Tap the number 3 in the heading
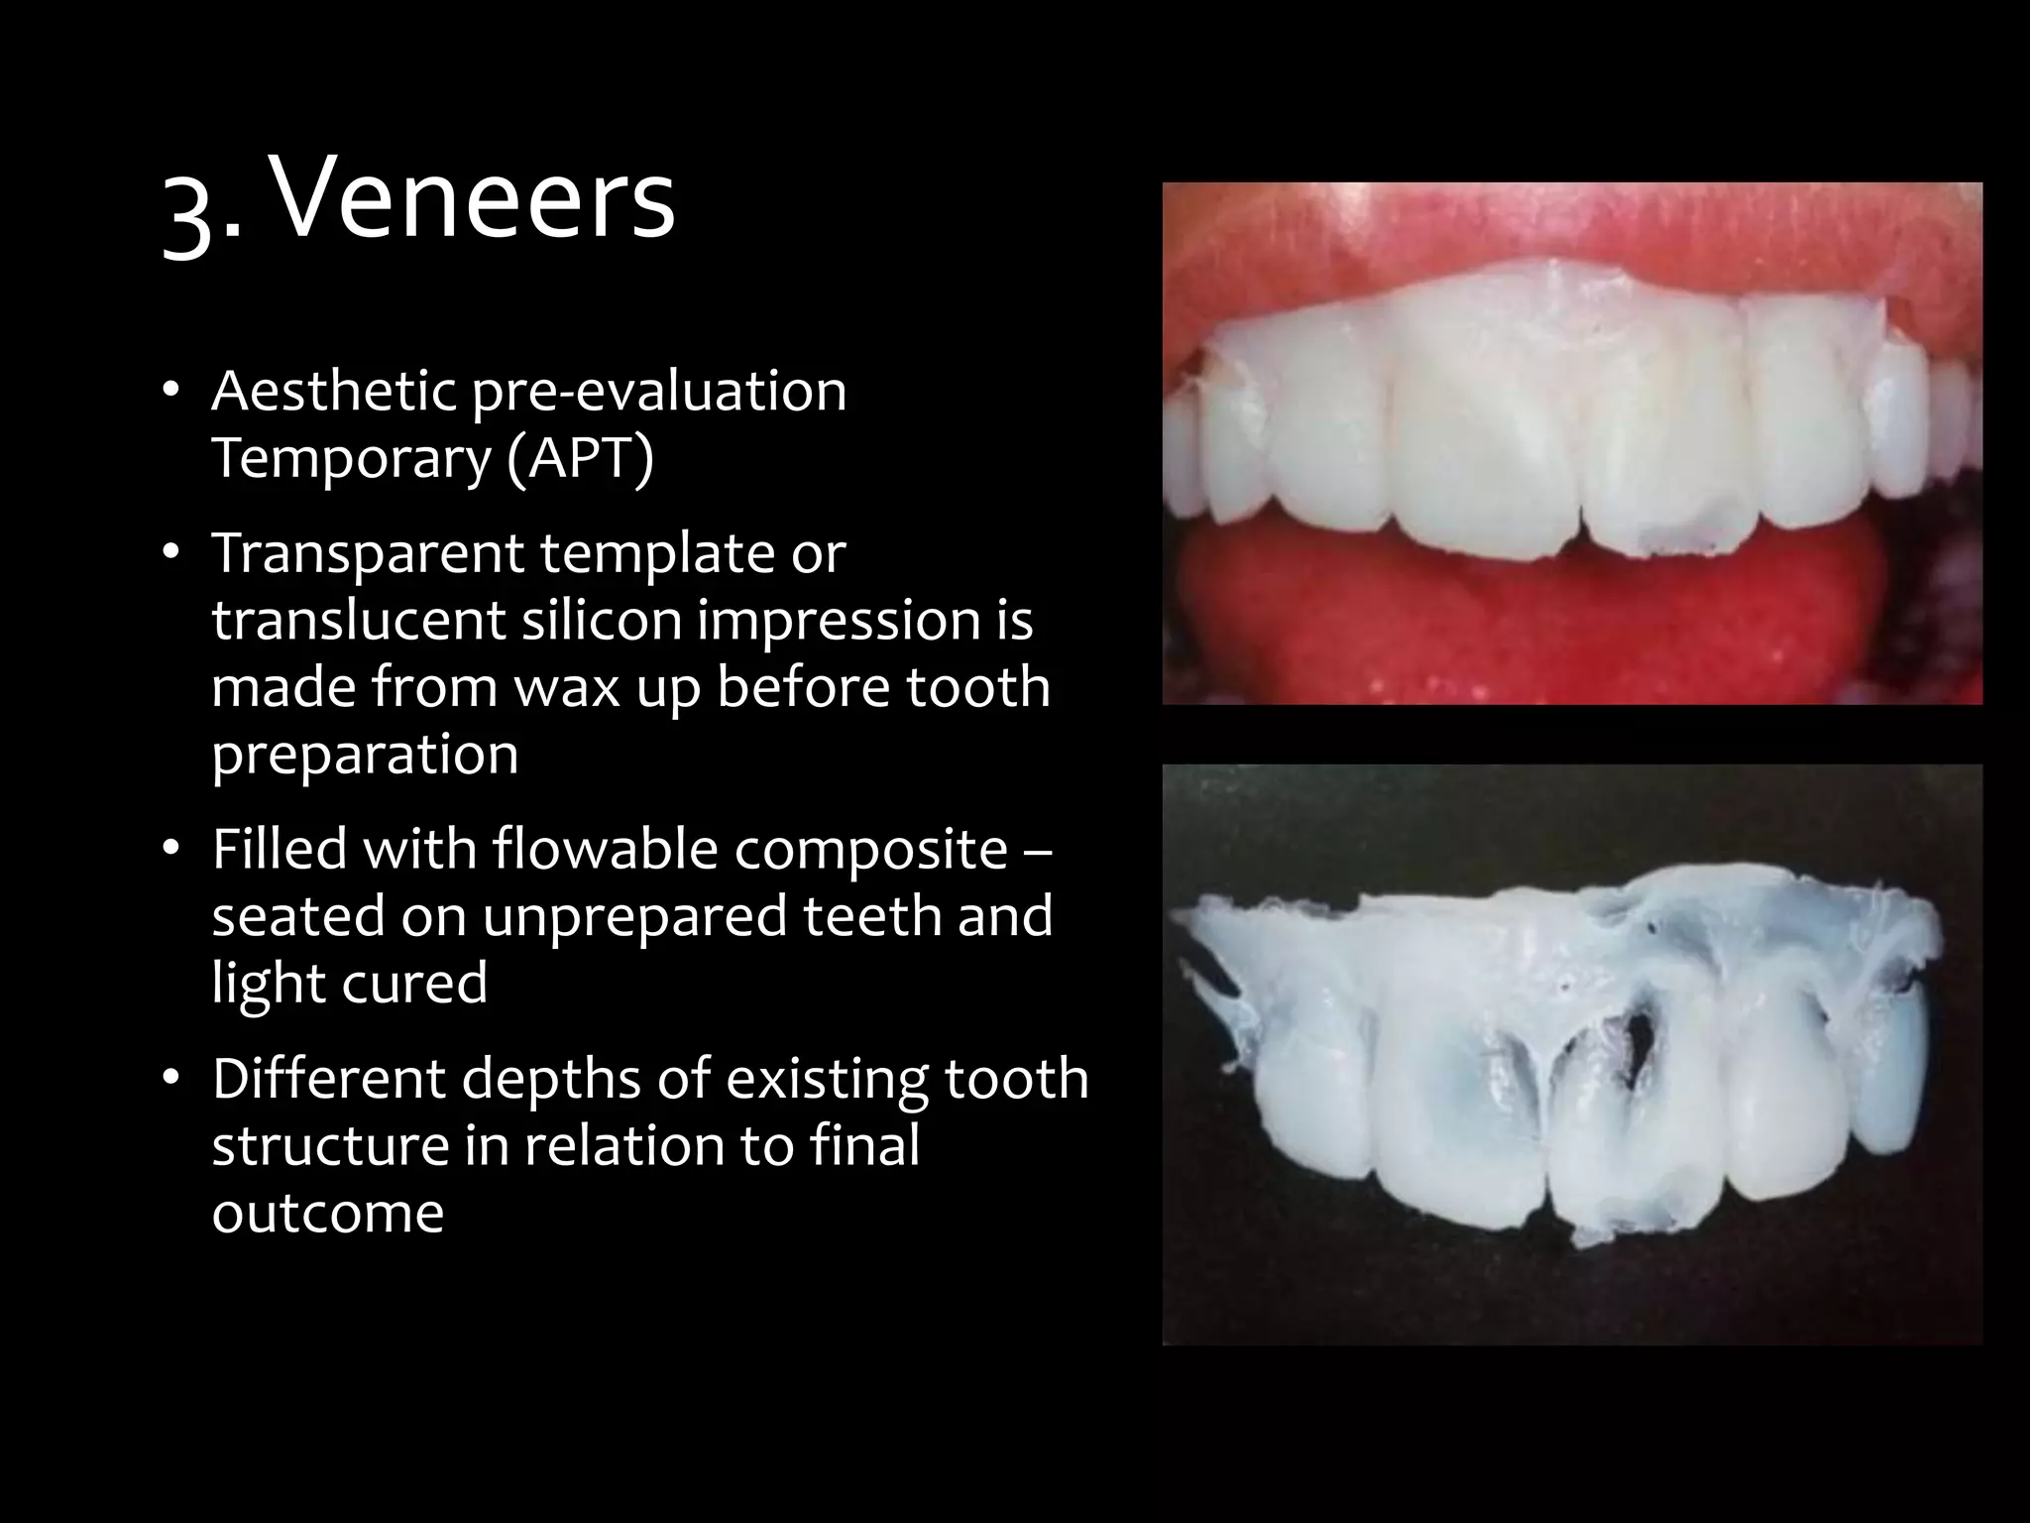190,214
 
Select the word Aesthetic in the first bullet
333,391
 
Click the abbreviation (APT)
580,458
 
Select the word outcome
327,1212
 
